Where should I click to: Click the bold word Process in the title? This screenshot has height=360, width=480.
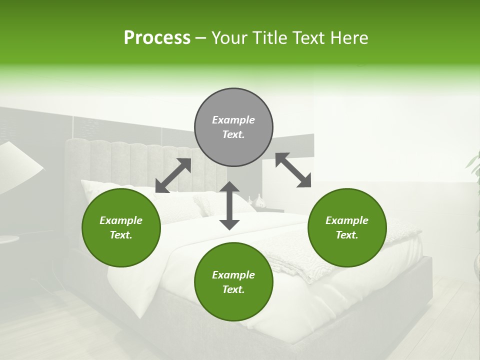click(x=157, y=38)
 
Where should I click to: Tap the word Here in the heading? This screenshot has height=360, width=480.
click(x=349, y=38)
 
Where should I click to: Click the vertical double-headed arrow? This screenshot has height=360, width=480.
click(x=229, y=205)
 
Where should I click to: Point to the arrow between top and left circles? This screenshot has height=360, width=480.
click(x=173, y=175)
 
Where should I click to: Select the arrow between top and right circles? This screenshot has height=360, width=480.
click(x=293, y=170)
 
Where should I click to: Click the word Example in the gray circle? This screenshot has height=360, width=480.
click(x=233, y=120)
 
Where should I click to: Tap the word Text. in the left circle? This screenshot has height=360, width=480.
click(x=121, y=235)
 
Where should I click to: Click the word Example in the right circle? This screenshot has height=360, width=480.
click(x=347, y=220)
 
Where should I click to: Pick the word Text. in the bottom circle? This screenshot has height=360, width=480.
click(x=233, y=289)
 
